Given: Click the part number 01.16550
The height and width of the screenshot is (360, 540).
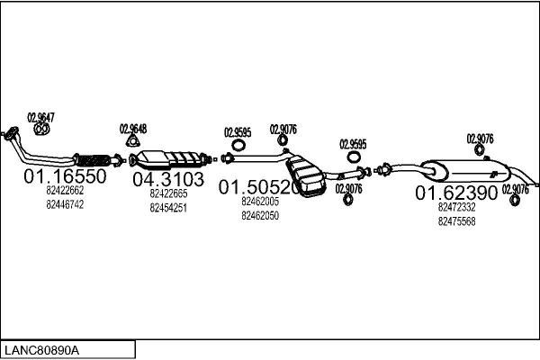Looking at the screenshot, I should click(65, 176).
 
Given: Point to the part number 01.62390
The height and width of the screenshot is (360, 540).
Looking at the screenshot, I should click(456, 193).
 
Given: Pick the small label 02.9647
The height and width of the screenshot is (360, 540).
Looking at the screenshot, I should click(40, 116).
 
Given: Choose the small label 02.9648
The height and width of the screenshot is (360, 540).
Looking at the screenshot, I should click(133, 128).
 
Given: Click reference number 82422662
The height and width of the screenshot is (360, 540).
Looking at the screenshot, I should click(65, 191).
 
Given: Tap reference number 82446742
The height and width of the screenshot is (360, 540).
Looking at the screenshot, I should click(65, 204).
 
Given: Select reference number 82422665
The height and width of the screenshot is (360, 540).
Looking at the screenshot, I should click(168, 193).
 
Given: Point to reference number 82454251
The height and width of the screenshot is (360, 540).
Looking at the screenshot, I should click(168, 207).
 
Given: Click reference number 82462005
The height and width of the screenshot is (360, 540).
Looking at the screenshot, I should click(260, 202).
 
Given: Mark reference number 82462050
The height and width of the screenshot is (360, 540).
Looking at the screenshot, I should click(260, 215).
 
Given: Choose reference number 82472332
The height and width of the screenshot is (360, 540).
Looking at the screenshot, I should click(456, 207).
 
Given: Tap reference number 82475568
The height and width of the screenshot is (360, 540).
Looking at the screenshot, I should click(456, 220).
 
